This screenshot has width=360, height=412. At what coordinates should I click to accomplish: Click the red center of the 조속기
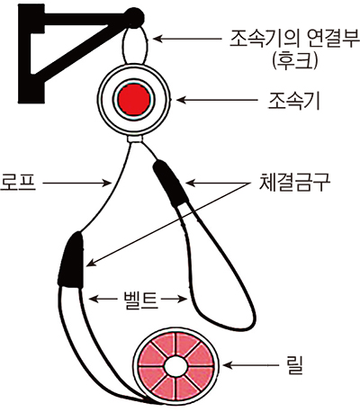(134, 100)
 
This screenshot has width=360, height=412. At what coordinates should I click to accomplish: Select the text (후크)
(294, 61)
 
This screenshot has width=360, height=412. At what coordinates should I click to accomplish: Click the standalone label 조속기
(294, 101)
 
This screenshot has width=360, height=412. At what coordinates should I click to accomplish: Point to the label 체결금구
(295, 183)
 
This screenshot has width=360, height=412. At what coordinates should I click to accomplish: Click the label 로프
(18, 183)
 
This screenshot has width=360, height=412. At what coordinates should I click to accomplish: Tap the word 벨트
(140, 299)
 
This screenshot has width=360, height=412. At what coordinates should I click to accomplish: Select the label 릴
(295, 365)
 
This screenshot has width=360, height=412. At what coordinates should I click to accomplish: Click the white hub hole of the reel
(175, 366)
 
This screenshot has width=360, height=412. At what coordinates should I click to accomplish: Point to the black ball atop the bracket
(134, 17)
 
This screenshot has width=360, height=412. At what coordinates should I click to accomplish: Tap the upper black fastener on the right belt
(170, 183)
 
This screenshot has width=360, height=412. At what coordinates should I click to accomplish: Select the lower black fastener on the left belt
(71, 260)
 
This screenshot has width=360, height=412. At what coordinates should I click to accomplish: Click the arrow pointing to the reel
(251, 365)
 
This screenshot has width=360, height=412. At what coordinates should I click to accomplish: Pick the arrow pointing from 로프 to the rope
(76, 183)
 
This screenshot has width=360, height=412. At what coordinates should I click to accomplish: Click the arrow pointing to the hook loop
(187, 39)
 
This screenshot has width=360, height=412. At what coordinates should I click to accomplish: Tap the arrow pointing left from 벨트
(103, 299)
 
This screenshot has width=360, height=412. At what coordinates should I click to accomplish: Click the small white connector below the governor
(135, 139)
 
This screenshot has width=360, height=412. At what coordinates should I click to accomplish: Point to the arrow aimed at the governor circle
(217, 100)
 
